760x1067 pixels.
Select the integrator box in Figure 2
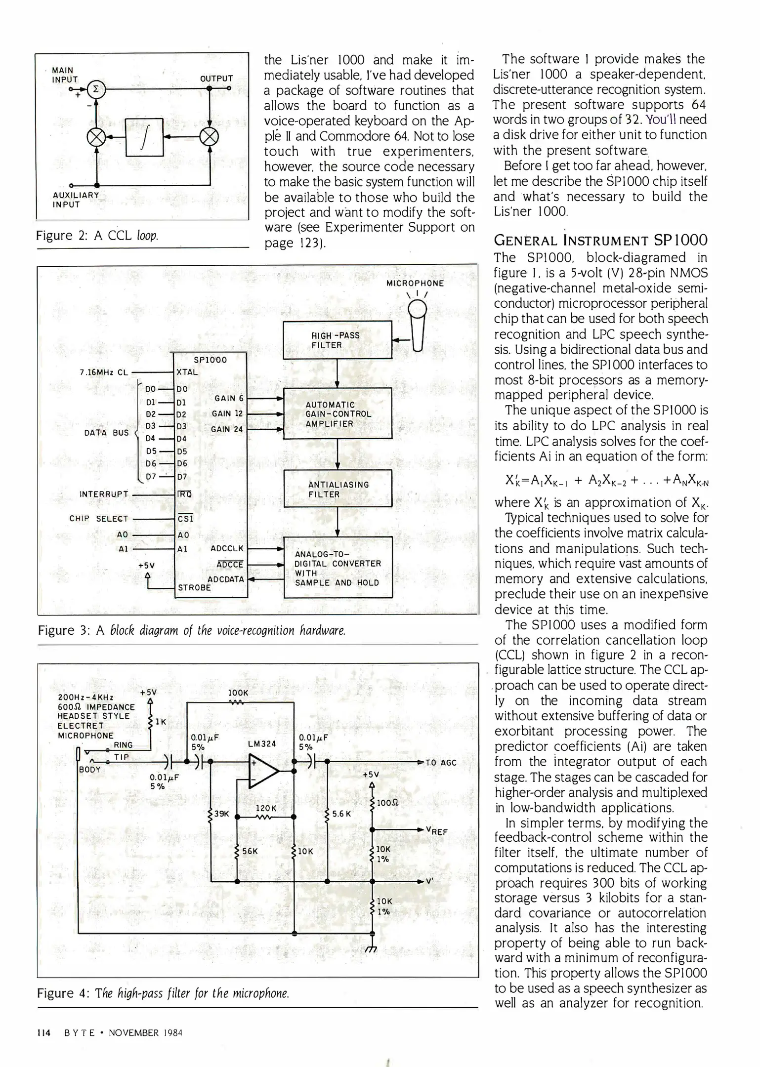point(145,137)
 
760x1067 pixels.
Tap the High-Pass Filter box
point(337,340)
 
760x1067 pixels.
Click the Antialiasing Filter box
point(338,489)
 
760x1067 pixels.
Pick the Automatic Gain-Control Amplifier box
point(338,413)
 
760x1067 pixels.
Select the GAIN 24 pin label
point(227,429)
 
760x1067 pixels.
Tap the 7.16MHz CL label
point(104,372)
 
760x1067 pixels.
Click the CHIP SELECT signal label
point(99,519)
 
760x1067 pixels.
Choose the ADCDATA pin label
point(225,579)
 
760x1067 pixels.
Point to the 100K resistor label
point(238,693)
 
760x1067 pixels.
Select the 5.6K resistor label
point(341,813)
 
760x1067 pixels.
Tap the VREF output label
point(436,831)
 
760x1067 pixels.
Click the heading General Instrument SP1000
point(601,241)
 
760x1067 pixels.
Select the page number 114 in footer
point(44,1032)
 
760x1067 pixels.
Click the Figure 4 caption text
point(163,993)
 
